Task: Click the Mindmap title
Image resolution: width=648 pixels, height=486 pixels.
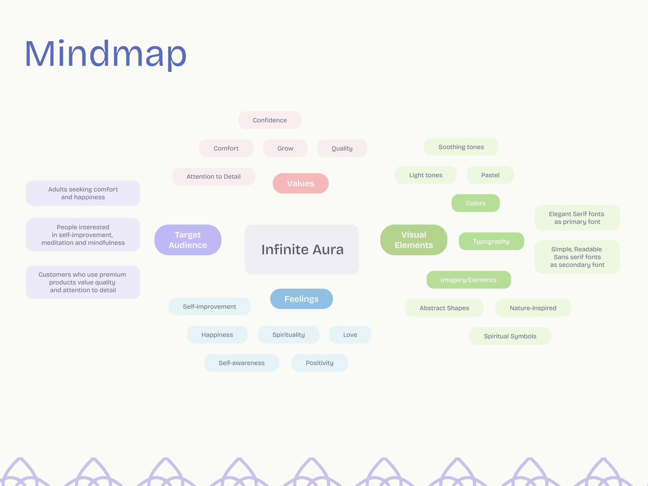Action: [x=106, y=54]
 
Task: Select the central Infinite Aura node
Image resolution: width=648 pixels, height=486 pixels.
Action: [x=302, y=249]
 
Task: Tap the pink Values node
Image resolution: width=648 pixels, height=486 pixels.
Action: [x=301, y=183]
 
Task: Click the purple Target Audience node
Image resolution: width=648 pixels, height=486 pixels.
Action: [x=188, y=240]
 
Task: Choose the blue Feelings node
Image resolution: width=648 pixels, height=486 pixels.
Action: [x=302, y=299]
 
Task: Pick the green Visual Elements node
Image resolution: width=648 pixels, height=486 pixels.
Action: [x=414, y=240]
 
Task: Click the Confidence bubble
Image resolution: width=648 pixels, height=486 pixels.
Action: [x=270, y=120]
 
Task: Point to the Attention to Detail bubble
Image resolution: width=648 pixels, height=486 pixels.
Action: [x=214, y=177]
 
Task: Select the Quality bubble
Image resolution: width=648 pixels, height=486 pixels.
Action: [x=342, y=148]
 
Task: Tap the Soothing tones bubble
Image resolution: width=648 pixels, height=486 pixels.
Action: [x=461, y=147]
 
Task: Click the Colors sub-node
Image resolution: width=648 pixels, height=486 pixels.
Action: [x=476, y=203]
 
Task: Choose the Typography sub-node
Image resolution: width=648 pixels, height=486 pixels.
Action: [x=491, y=241]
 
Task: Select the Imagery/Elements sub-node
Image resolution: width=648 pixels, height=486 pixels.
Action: [x=469, y=280]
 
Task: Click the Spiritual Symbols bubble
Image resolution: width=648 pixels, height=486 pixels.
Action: [x=510, y=336]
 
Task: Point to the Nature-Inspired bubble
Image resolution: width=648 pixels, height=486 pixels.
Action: [x=533, y=308]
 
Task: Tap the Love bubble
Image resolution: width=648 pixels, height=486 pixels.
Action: [x=350, y=335]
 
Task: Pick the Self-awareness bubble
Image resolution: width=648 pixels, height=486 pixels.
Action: [x=242, y=363]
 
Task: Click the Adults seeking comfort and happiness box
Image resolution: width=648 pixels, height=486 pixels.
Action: [x=83, y=193]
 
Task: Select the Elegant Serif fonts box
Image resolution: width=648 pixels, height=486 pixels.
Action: [x=577, y=218]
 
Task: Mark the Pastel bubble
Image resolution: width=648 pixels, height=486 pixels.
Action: [x=490, y=175]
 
